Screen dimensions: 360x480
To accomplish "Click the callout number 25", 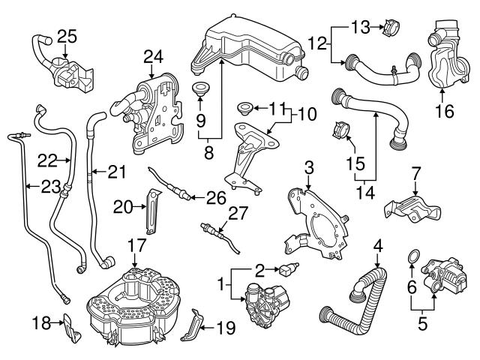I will (67, 35).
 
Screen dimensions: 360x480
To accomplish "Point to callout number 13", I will (361, 28).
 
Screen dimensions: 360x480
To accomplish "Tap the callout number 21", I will (114, 172).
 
